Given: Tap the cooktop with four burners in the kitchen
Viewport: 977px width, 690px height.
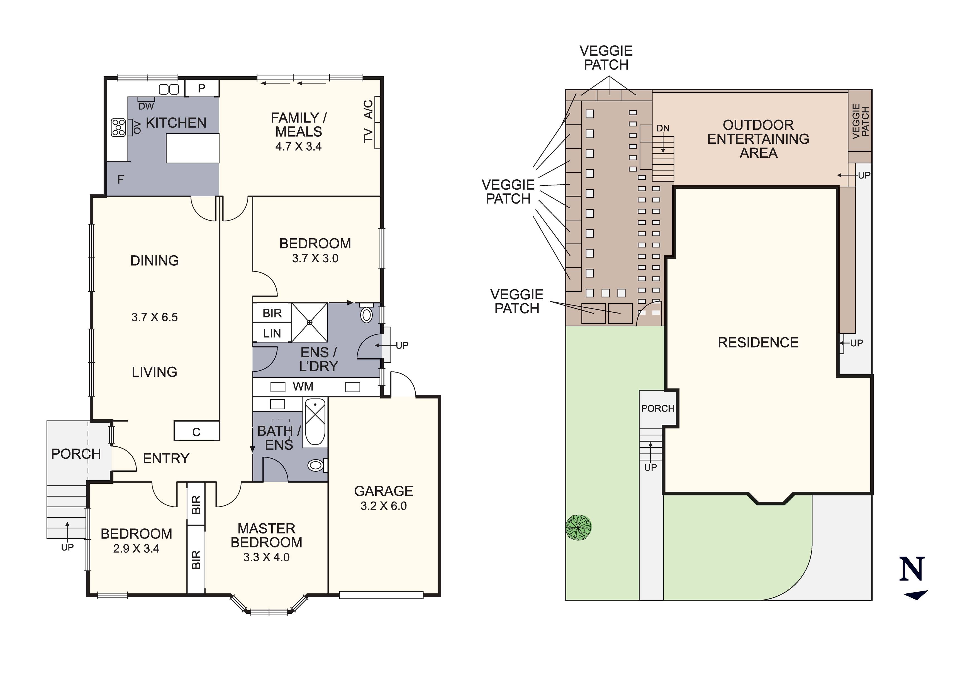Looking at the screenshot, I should pos(118,127).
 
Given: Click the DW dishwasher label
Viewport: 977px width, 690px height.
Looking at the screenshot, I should pos(146,106).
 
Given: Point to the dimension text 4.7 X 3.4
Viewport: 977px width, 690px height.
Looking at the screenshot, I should pos(298,147).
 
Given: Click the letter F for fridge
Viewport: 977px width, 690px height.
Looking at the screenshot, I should pos(120,180).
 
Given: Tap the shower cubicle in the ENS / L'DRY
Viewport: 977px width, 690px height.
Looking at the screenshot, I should pos(309,322).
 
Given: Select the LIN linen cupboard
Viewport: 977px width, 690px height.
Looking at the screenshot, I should pos(272,334).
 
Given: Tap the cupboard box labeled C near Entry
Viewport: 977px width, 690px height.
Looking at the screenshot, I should pos(196,431).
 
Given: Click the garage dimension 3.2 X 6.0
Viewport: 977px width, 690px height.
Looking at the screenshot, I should pos(383,506).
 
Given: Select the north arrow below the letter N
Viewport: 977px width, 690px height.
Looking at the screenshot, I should pos(915,595).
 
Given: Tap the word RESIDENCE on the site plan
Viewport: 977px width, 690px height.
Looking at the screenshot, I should pos(758,342).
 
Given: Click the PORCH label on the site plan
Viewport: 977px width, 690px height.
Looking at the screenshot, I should pos(657,408).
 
